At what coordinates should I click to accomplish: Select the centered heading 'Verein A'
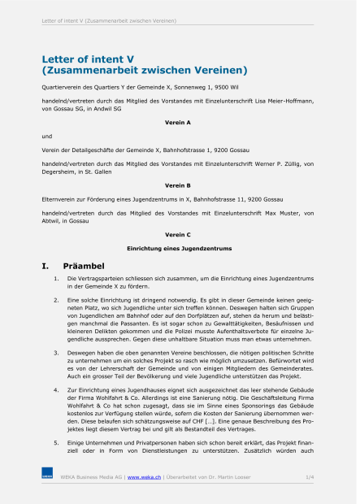177,121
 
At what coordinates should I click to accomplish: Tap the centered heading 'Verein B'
177,185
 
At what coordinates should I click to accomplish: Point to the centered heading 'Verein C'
177,234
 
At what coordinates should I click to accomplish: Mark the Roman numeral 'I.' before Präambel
46,266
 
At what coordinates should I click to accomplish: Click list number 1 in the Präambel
55,279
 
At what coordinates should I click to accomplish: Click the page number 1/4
309,476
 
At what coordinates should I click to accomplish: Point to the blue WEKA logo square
47,474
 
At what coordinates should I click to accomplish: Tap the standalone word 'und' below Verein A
46,136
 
